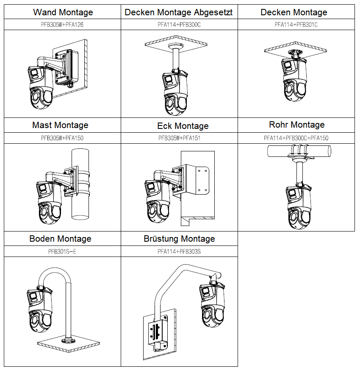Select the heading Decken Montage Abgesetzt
click(x=179, y=12)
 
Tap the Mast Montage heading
click(x=60, y=125)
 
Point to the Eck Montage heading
click(x=183, y=126)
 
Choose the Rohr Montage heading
click(x=296, y=125)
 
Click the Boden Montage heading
click(x=60, y=239)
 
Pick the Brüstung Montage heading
click(x=179, y=239)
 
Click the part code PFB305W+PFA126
click(x=62, y=25)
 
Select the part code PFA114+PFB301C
click(x=296, y=25)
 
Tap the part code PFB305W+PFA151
click(x=179, y=138)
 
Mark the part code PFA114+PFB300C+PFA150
click(x=296, y=138)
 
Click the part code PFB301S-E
click(x=62, y=251)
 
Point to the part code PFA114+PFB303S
click(x=179, y=251)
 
